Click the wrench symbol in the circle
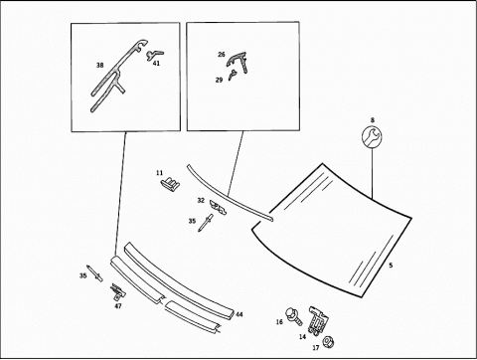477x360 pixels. [372, 137]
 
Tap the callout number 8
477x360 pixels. [373, 120]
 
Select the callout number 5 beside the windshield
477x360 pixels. [391, 266]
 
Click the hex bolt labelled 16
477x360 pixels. [294, 316]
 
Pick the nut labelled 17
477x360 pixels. [327, 342]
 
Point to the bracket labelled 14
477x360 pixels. [318, 320]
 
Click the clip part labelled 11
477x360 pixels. [171, 182]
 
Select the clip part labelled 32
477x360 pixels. [219, 207]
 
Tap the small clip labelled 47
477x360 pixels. [118, 290]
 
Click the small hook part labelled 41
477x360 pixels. [154, 55]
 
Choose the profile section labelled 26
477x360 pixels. [238, 61]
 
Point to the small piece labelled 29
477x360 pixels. [233, 76]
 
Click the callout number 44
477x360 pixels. [239, 314]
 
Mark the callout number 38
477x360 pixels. [99, 66]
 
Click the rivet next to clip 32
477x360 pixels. [206, 223]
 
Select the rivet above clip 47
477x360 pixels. [94, 273]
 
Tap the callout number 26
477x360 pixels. [222, 55]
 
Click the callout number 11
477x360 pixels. [160, 173]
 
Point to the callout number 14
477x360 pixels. [302, 337]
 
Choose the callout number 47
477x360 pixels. [118, 306]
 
